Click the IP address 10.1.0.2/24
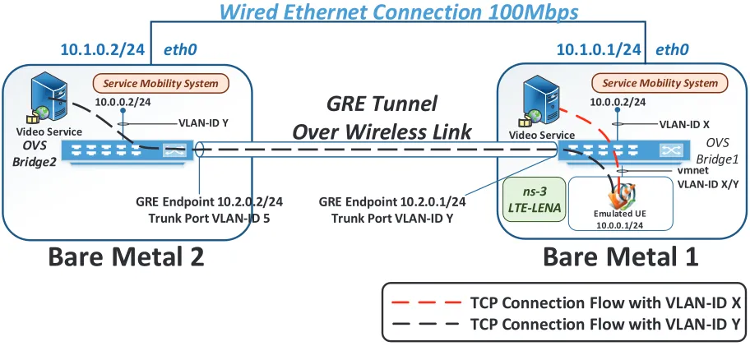tap(102, 49)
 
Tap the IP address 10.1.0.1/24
tap(599, 49)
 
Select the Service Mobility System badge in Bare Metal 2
tap(160, 83)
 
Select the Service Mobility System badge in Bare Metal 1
tap(660, 83)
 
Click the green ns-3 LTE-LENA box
tap(535, 201)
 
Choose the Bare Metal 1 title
tap(620, 257)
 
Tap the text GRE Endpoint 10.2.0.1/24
tap(392, 201)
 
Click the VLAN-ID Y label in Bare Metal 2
tap(203, 122)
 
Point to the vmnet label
tap(691, 169)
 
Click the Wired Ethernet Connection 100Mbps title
tap(398, 12)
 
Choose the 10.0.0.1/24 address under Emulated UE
tap(620, 221)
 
